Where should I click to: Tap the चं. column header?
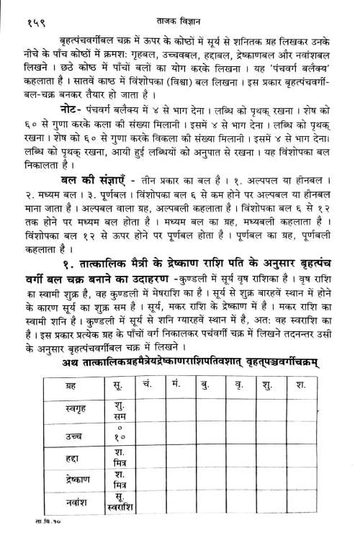(x=146, y=391)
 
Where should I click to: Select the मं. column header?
(x=177, y=391)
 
